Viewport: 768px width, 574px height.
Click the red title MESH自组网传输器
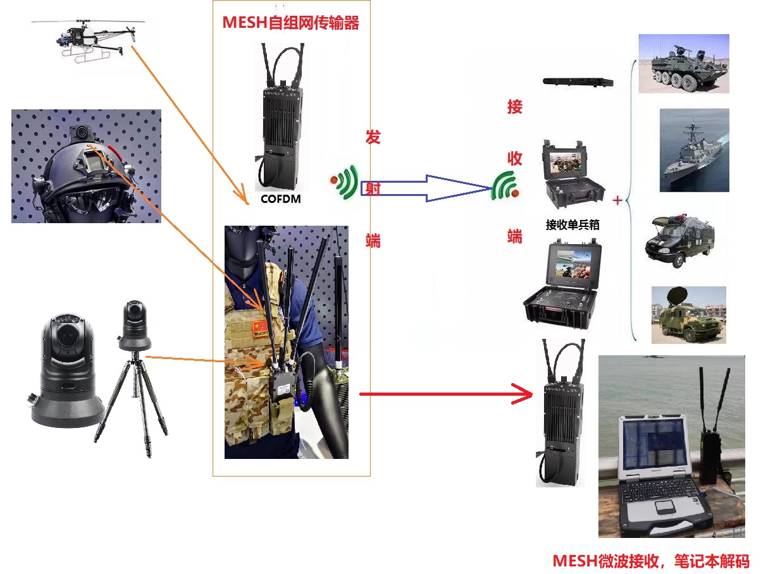pos(290,23)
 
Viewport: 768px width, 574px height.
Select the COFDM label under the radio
pos(280,199)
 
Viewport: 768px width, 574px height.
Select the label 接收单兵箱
pos(572,224)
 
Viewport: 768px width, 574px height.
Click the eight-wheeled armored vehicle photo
pos(683,64)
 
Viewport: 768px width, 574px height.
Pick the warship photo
pos(693,150)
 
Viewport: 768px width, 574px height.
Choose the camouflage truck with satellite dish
pos(688,315)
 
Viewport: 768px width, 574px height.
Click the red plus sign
pos(617,200)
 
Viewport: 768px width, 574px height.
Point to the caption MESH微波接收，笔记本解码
pos(651,561)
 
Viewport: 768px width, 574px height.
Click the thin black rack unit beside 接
pos(578,82)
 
